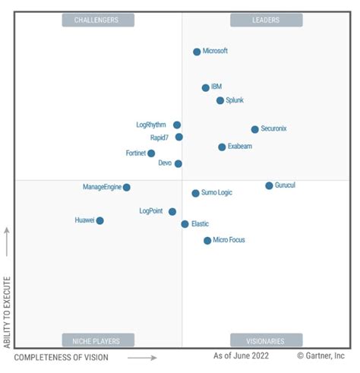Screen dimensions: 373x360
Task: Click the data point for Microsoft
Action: [197, 52]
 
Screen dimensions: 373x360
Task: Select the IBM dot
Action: [206, 87]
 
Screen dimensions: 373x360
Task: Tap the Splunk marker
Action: [220, 100]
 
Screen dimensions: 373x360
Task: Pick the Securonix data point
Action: [254, 129]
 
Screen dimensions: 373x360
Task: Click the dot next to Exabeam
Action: [222, 147]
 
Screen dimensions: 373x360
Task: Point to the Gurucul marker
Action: [269, 185]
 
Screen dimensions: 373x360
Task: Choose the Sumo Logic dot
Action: [195, 193]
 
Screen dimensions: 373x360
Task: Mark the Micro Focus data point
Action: [207, 240]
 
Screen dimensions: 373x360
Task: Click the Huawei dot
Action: [99, 220]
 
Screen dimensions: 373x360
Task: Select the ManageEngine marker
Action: [127, 187]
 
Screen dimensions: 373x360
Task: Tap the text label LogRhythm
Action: [150, 125]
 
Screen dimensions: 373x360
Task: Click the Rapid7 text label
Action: [159, 138]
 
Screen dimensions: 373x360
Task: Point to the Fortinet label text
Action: [135, 153]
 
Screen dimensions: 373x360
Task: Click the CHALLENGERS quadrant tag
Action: [98, 20]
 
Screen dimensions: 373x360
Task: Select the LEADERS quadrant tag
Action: [265, 20]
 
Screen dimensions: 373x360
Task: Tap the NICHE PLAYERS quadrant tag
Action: [98, 340]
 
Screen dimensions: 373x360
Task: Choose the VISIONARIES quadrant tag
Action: [265, 340]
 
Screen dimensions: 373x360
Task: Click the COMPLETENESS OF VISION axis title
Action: [62, 356]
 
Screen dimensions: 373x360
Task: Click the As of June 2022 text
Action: [242, 356]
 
